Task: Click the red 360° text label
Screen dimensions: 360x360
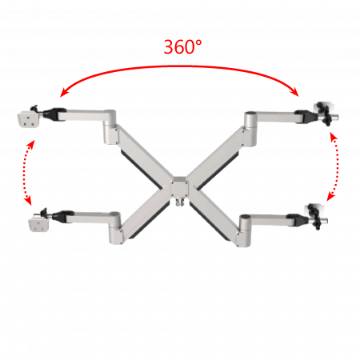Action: tap(182, 47)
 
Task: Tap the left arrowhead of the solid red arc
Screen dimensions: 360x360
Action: tap(63, 93)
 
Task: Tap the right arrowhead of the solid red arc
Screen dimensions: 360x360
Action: tap(294, 92)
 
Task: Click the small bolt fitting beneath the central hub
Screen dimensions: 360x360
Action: tap(180, 202)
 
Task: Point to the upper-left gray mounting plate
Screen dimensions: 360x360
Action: tap(28, 119)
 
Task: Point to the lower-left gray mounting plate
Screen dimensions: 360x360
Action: tap(39, 222)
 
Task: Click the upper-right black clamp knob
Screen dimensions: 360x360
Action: tap(326, 114)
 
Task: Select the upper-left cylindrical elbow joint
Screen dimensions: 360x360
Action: tap(110, 126)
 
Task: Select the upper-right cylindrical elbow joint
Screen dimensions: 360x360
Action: tap(250, 129)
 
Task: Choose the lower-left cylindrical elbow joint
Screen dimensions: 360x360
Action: tap(115, 227)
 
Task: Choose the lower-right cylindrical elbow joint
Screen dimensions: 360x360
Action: tap(245, 230)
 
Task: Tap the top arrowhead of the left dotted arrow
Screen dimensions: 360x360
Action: tap(31, 143)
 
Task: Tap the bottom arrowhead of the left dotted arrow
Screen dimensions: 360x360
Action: tap(28, 201)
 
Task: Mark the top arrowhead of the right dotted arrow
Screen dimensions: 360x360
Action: tap(334, 136)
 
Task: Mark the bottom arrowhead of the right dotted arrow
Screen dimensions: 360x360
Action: tap(330, 197)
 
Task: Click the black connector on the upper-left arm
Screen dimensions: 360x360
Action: tap(54, 114)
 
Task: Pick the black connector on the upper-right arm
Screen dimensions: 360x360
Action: tap(306, 116)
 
